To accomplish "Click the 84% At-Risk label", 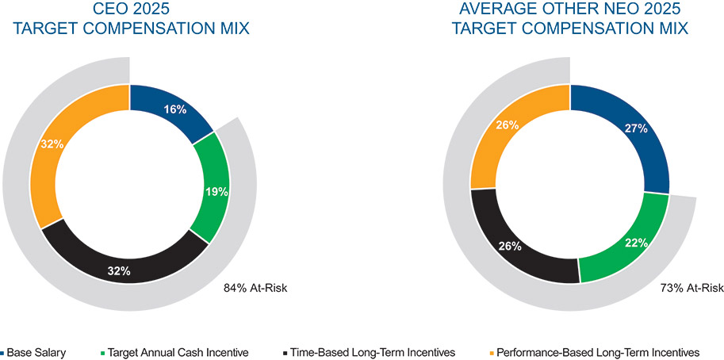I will pos(255,288).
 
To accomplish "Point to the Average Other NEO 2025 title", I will pos(569,20).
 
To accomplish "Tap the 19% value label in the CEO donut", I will pos(216,191).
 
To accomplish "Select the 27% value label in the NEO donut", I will pos(636,128).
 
